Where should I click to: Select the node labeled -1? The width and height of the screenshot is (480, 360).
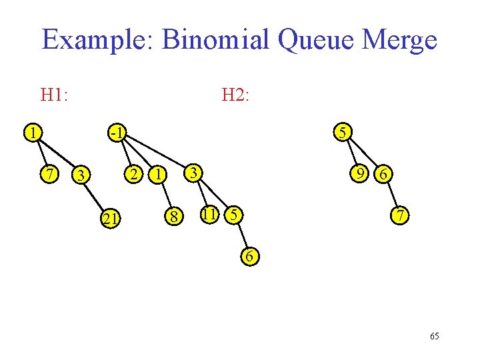117,133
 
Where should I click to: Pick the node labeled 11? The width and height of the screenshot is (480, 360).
209,215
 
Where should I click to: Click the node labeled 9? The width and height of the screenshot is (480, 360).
361,174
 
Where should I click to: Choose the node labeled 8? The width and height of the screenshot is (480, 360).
173,216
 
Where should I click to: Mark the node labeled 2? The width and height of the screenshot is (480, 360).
134,175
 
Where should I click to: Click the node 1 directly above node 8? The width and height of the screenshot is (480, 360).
157,175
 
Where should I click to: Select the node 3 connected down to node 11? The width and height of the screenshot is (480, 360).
192,173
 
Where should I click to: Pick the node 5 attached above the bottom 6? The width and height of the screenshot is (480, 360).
233,215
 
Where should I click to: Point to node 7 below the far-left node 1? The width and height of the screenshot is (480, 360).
48,175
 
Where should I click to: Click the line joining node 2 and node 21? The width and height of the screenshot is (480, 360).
123,195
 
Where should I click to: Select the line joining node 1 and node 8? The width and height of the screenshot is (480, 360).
165,195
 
